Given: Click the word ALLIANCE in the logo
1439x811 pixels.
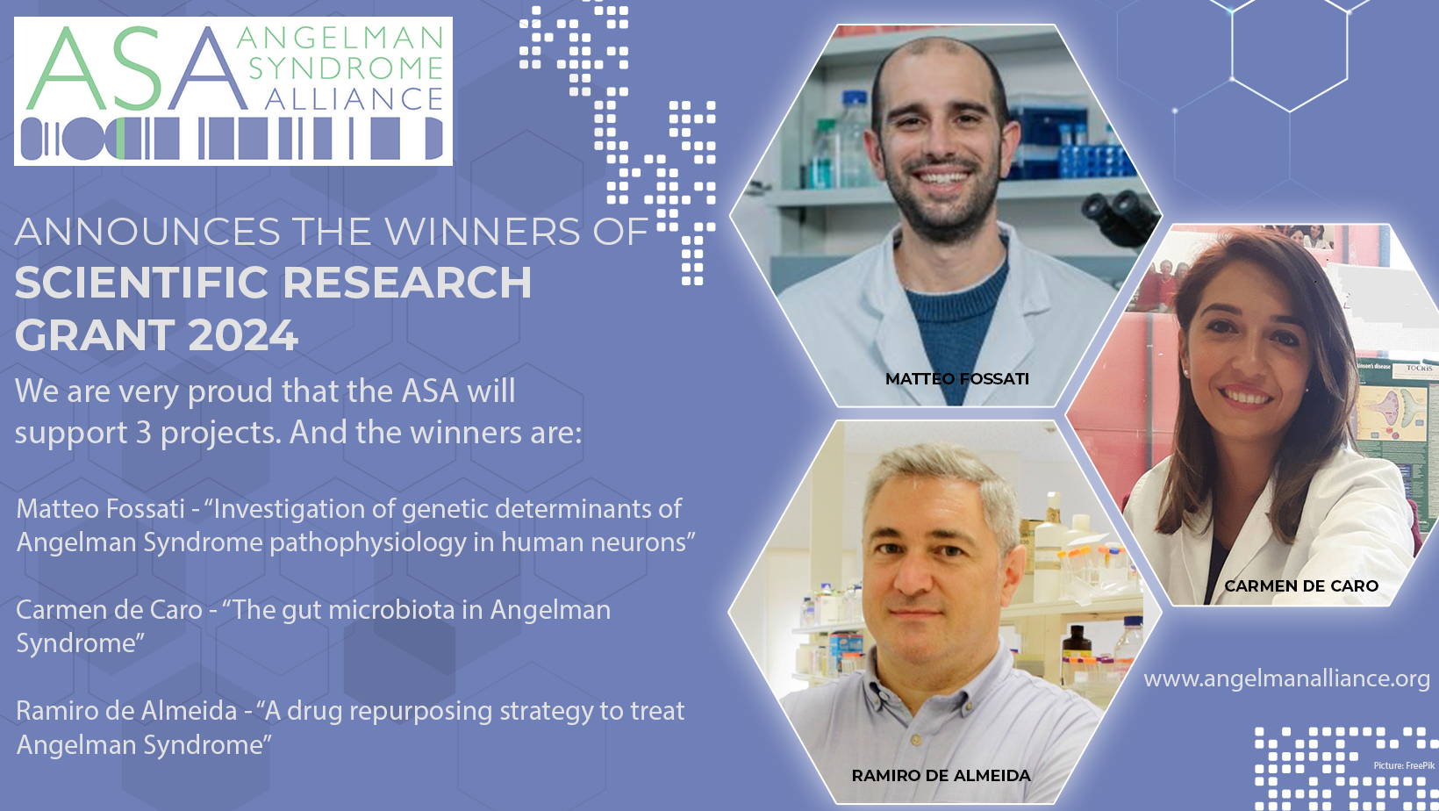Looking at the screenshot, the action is pyautogui.click(x=354, y=99).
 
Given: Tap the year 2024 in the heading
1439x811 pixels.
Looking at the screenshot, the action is pyautogui.click(x=243, y=335).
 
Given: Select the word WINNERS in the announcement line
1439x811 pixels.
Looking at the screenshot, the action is pyautogui.click(x=483, y=232).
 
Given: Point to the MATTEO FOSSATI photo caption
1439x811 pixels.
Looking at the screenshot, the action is pyautogui.click(x=957, y=378).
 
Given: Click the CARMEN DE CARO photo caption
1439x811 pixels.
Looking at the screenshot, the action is pyautogui.click(x=1301, y=585).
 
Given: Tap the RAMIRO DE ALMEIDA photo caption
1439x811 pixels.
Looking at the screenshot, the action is pyautogui.click(x=941, y=776).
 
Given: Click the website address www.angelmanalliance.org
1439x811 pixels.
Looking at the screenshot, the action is pyautogui.click(x=1286, y=678).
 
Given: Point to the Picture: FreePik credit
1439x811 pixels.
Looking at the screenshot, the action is pyautogui.click(x=1404, y=765).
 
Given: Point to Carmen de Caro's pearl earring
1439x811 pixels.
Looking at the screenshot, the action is pyautogui.click(x=1185, y=371).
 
